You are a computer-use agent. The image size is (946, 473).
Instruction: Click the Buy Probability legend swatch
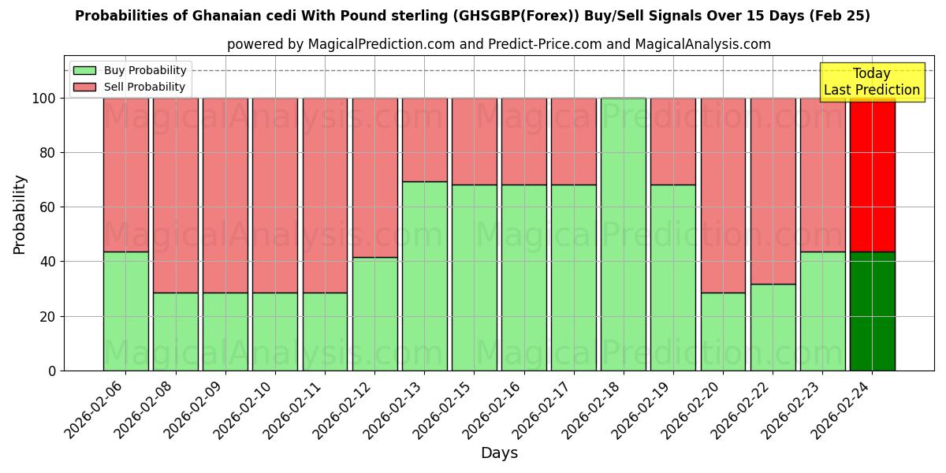click(84, 70)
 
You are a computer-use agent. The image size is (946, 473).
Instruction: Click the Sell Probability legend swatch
click(84, 87)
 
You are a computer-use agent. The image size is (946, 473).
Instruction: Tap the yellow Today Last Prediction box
click(872, 82)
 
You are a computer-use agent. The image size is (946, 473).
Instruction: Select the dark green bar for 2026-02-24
click(872, 311)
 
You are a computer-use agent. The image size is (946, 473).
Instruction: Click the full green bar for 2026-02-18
click(623, 234)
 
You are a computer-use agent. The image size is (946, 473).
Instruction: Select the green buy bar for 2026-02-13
click(424, 276)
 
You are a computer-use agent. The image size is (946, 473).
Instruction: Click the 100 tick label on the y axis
click(44, 99)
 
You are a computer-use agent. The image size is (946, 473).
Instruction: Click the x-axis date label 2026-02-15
click(441, 410)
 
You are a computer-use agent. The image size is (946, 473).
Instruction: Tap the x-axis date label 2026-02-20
click(691, 410)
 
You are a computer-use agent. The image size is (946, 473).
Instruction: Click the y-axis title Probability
click(20, 214)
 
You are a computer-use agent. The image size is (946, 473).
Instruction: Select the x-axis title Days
click(499, 453)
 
